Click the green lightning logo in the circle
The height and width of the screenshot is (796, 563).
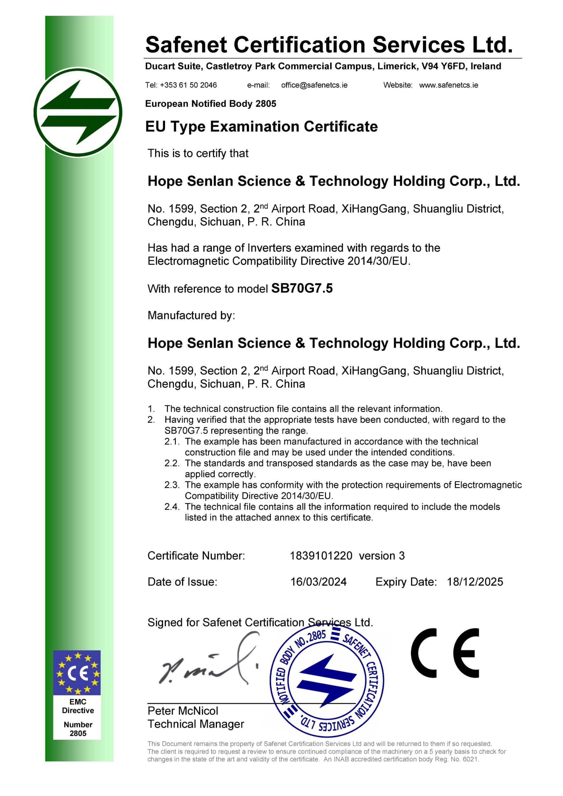[78, 112]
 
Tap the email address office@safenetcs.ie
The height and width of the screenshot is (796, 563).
[314, 85]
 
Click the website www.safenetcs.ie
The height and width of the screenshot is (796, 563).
[448, 85]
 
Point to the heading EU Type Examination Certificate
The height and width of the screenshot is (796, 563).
[261, 126]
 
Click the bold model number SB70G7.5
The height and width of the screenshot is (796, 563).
[302, 288]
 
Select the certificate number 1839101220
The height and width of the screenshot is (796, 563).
[321, 556]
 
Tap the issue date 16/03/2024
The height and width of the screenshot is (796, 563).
[318, 582]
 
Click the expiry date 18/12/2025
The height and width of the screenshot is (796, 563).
[474, 582]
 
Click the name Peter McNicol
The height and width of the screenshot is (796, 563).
[183, 711]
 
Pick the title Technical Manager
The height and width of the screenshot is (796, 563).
[196, 724]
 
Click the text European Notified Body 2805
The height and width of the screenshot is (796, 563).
[211, 104]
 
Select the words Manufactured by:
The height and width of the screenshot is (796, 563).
[191, 315]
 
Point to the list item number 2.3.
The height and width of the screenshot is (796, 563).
[172, 485]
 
